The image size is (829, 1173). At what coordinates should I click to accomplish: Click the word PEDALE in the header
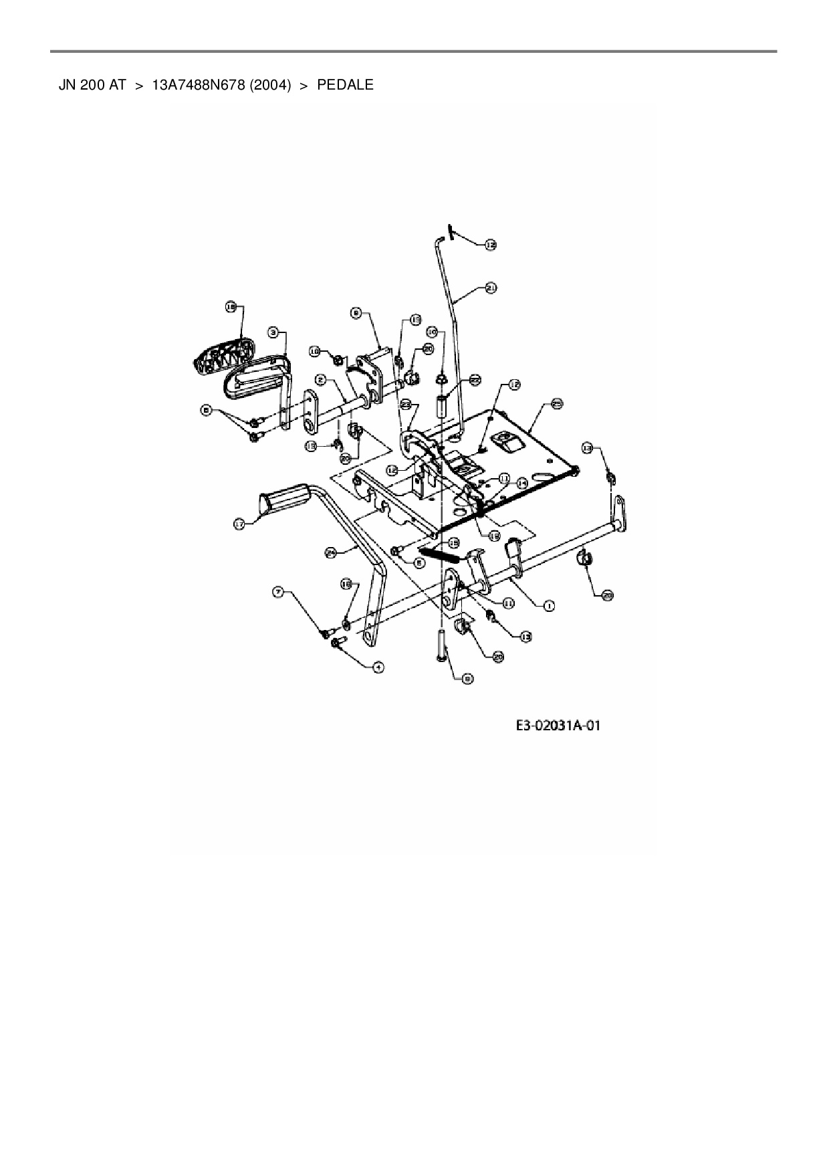[345, 85]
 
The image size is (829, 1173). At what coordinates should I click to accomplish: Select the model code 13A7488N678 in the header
[198, 85]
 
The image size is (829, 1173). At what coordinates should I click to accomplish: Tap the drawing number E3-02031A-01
[558, 726]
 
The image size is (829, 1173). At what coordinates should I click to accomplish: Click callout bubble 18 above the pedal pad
[231, 307]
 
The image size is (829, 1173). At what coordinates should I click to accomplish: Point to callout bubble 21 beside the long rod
[491, 288]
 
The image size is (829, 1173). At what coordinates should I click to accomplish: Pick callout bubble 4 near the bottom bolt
[378, 667]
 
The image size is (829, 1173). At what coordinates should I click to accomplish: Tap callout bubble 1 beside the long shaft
[548, 606]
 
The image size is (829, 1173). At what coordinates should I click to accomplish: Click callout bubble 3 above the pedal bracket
[273, 332]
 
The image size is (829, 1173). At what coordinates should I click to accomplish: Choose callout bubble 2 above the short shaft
[321, 380]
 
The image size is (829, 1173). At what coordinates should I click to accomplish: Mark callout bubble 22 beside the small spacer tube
[475, 380]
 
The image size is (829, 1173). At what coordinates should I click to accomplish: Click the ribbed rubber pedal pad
[223, 354]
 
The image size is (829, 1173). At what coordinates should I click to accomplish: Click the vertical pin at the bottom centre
[442, 645]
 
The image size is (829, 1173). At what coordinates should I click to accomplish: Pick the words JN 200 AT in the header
[92, 85]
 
